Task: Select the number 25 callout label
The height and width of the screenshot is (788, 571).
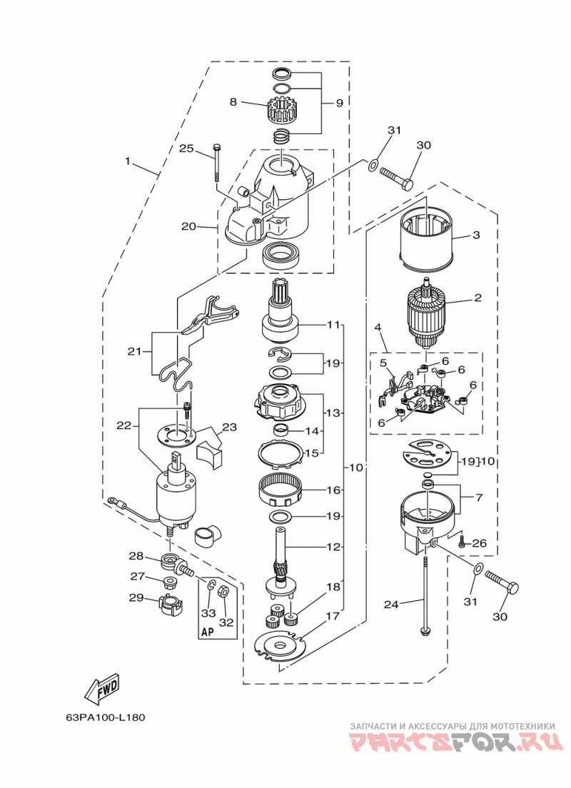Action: point(186,148)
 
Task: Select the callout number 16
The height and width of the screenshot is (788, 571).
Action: point(334,490)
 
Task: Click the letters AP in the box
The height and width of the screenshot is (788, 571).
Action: point(208,632)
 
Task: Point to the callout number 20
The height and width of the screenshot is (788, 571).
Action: point(188,226)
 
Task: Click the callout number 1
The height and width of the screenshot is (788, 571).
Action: point(128,161)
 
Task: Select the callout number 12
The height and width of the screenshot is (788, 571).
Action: point(334,547)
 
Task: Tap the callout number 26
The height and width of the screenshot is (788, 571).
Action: point(480,543)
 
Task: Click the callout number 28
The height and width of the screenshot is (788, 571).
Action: point(136,556)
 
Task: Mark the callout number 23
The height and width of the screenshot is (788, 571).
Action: point(229,428)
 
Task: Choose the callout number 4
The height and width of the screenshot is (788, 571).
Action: point(376,328)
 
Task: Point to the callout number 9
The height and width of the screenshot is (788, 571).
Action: point(339,103)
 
